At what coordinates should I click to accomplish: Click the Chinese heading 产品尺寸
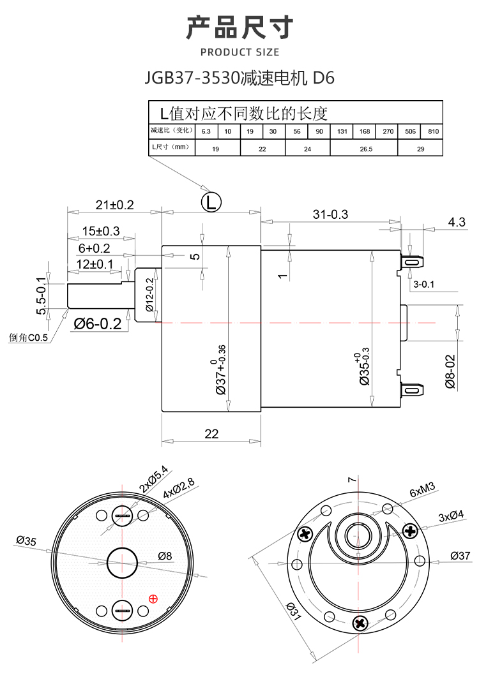click(x=240, y=28)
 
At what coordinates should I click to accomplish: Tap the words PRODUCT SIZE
click(x=240, y=52)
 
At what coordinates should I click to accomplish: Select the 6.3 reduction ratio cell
click(x=206, y=131)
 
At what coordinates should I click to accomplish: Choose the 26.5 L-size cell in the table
click(x=365, y=148)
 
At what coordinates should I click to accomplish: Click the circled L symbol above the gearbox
click(x=211, y=203)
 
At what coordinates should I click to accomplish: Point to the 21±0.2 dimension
click(x=114, y=205)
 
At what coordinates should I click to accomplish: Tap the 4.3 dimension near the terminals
click(x=457, y=222)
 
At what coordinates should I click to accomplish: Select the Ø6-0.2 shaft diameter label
click(x=97, y=324)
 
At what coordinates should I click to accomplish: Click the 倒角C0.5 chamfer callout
click(x=29, y=338)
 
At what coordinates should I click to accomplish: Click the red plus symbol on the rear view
click(x=153, y=598)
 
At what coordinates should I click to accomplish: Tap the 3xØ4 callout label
click(x=451, y=516)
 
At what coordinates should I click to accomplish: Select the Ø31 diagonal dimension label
click(x=293, y=613)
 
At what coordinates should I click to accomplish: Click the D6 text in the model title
click(x=323, y=78)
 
